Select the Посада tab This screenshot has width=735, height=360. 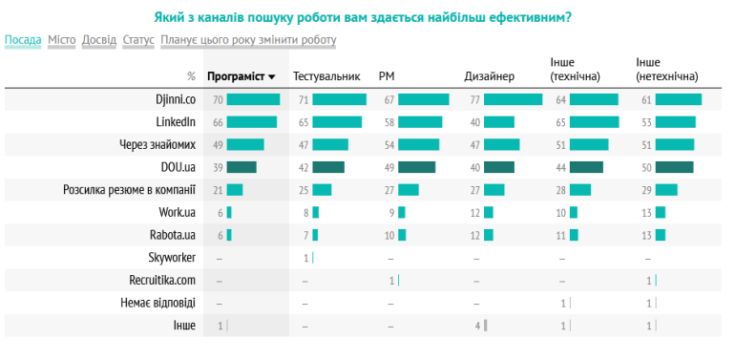23,40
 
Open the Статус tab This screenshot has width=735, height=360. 138,40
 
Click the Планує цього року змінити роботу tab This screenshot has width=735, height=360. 248,40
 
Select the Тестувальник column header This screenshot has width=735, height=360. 326,76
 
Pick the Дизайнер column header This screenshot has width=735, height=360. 489,76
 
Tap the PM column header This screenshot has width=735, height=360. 387,76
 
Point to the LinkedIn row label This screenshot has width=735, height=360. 176,122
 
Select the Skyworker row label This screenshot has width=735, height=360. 172,258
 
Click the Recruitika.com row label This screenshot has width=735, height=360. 162,281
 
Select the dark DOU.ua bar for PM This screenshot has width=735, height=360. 416,167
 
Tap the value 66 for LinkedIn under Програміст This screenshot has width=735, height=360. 218,122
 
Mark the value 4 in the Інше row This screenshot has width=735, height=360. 476,327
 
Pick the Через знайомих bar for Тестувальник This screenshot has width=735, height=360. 330,144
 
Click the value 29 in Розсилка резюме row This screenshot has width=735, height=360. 646,190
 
